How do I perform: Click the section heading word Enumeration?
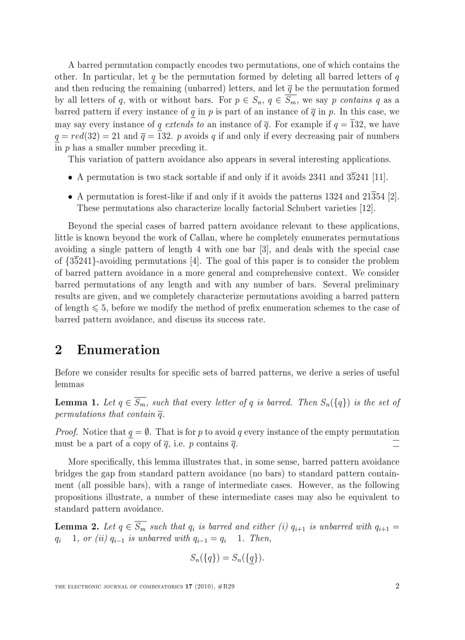point(118,349)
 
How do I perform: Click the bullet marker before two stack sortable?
point(70,178)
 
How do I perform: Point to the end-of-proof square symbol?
point(396,443)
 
